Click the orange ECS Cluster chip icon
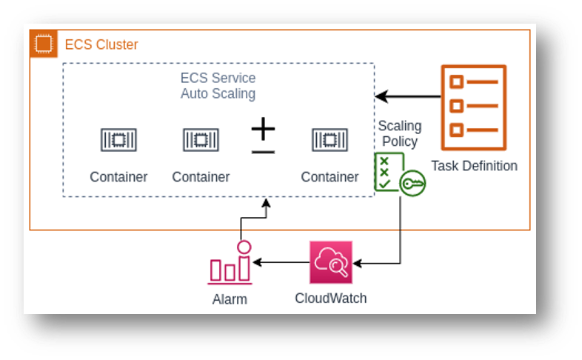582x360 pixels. tap(44, 44)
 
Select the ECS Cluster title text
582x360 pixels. tap(101, 44)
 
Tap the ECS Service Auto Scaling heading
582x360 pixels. tap(218, 86)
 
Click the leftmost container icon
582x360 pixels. tap(118, 140)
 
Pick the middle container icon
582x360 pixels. tap(201, 140)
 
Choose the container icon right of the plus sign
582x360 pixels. tap(330, 140)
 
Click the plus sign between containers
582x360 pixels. tap(263, 129)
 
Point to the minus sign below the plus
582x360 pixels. tap(263, 152)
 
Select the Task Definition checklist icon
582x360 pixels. tap(474, 107)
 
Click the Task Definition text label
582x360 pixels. tap(474, 166)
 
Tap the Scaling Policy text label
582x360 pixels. tap(400, 133)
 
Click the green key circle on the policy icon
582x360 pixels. tap(412, 184)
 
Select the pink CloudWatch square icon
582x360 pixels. tap(331, 262)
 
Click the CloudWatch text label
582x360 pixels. tap(331, 299)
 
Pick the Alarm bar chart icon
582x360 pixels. tap(230, 263)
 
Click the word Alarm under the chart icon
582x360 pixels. tap(230, 299)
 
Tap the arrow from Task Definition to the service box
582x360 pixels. tap(407, 96)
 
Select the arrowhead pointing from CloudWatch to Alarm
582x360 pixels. tap(257, 262)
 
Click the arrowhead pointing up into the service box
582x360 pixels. tap(266, 203)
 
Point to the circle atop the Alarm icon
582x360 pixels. tap(244, 247)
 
